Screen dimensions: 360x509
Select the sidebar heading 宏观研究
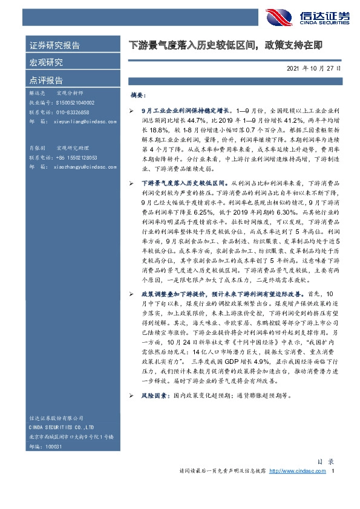click(46, 62)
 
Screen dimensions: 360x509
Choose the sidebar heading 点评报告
click(46, 80)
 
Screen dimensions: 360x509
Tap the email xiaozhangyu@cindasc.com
click(83, 166)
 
